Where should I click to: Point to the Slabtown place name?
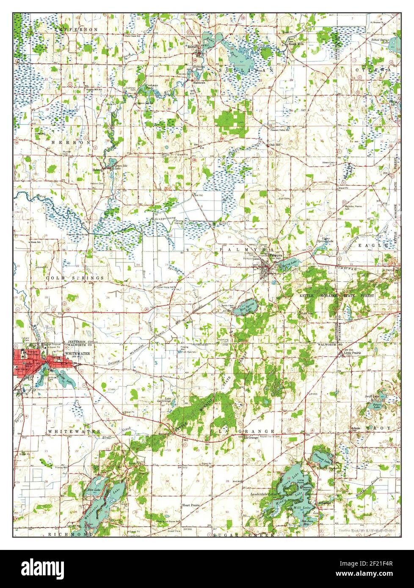point(199,83)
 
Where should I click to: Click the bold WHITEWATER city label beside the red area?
point(77,353)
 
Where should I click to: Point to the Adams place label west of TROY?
point(355,428)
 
